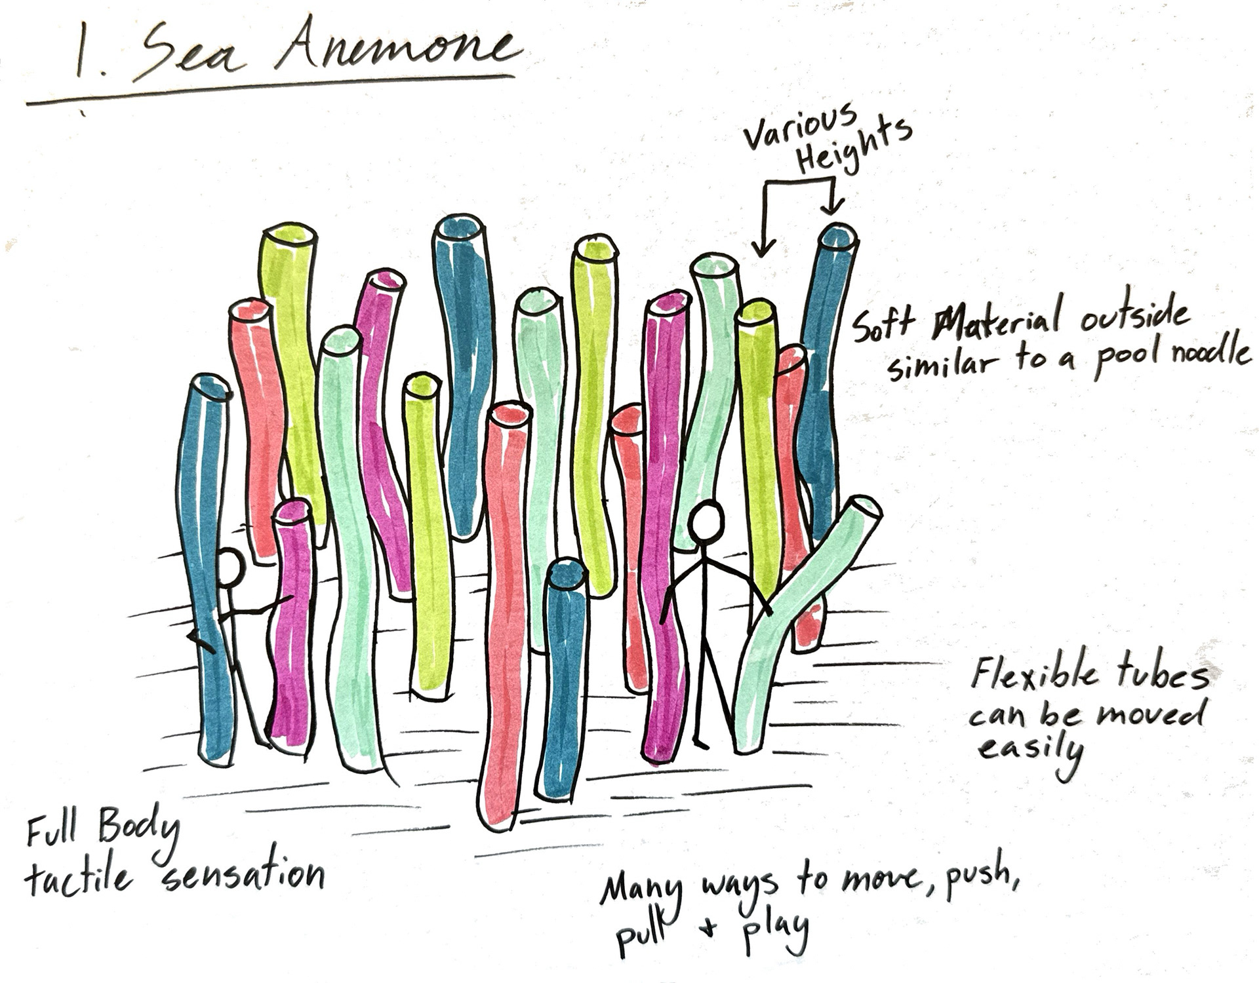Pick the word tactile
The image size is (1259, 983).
79,875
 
